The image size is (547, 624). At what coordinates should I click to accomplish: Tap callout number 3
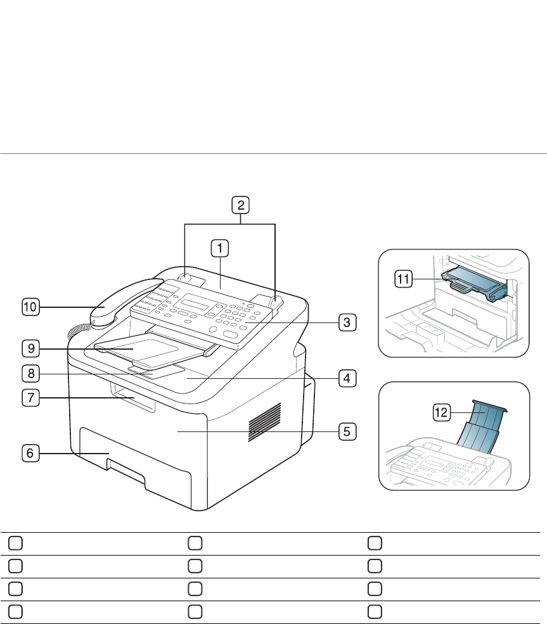[x=346, y=322]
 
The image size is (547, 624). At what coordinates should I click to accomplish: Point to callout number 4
[x=346, y=378]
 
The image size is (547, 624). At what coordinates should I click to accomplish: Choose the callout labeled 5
[x=346, y=432]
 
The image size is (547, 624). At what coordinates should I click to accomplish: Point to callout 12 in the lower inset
[x=441, y=412]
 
